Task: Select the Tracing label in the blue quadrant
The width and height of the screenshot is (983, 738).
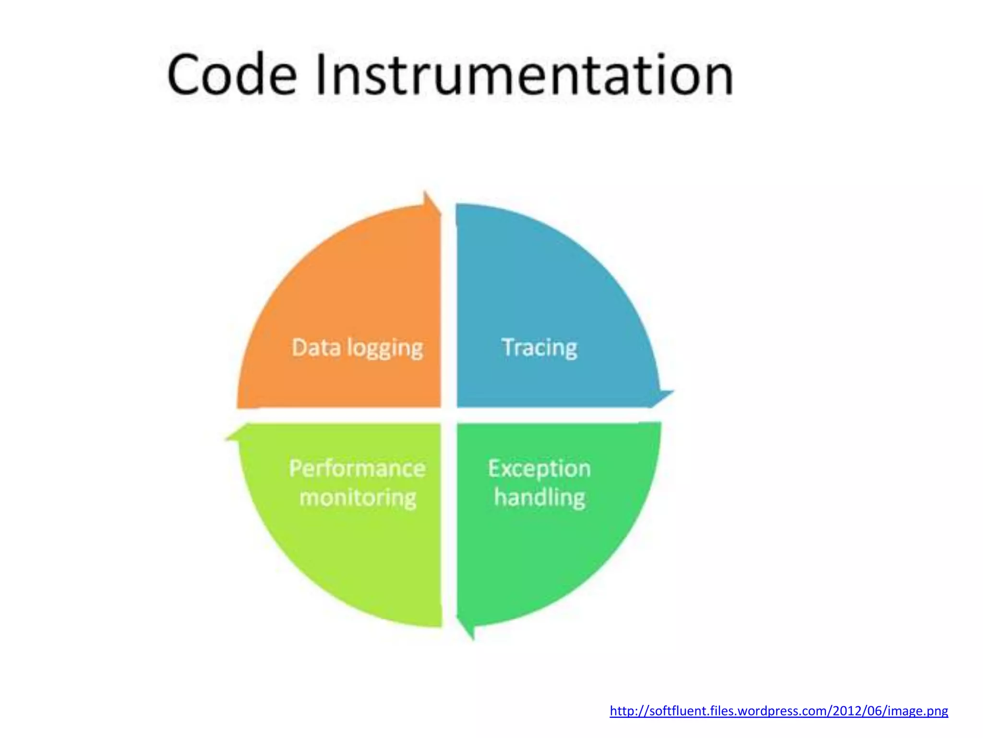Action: pos(539,347)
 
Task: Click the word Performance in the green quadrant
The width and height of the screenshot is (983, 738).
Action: pos(357,468)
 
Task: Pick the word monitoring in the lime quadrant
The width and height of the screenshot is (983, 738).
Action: pos(358,498)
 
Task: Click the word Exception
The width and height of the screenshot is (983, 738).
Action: pos(539,469)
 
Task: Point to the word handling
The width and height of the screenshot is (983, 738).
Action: pos(539,498)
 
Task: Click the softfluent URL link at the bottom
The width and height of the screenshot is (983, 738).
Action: pos(779,711)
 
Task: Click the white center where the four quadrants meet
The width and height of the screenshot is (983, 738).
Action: pos(449,416)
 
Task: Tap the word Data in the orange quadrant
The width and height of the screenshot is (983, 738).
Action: pos(316,347)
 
